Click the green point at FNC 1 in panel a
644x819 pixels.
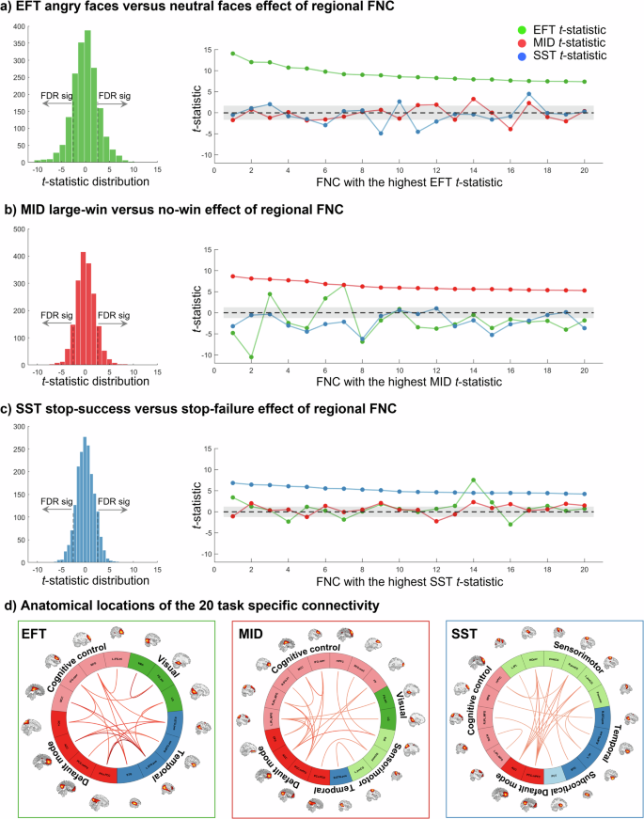(232, 54)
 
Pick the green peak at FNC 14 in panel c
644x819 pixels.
(473, 480)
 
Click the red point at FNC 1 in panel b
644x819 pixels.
(232, 276)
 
